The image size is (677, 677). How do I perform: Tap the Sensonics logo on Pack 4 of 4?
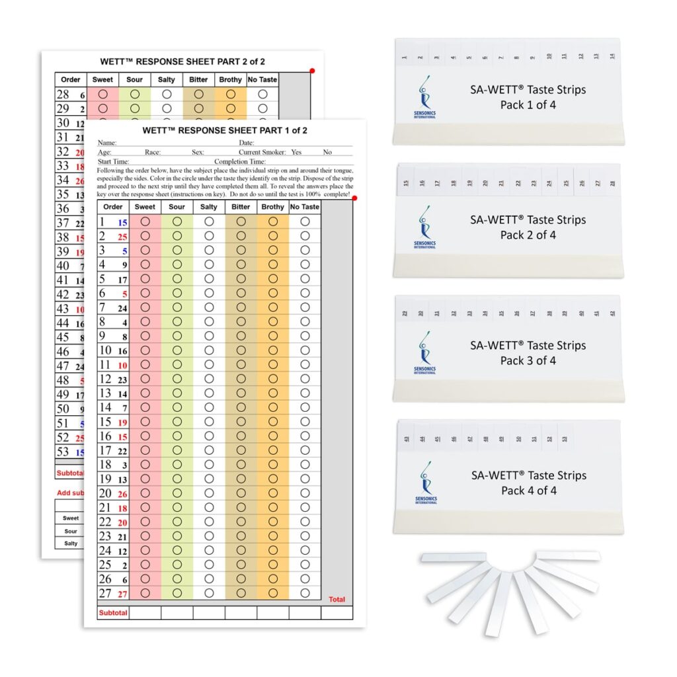(425, 483)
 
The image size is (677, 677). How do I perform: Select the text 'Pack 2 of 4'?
(528, 235)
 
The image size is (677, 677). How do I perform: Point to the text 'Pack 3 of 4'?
(528, 360)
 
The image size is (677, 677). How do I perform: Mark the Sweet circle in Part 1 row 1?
(145, 222)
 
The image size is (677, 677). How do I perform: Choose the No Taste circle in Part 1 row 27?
(305, 594)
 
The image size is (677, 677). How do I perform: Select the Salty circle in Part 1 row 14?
(209, 408)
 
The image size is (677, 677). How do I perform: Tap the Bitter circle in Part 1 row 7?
(241, 307)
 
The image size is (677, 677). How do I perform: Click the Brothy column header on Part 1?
(272, 207)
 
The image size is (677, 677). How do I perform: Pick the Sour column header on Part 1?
(177, 207)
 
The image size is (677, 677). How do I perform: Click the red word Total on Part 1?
(337, 600)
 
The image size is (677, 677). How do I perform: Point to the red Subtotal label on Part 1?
(113, 613)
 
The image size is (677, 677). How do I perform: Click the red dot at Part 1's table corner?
(354, 198)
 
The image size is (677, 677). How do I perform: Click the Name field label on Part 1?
(106, 143)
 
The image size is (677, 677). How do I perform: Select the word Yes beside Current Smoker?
(296, 152)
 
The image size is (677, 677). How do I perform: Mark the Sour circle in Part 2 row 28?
(135, 95)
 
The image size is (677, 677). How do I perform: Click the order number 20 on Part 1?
(105, 493)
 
